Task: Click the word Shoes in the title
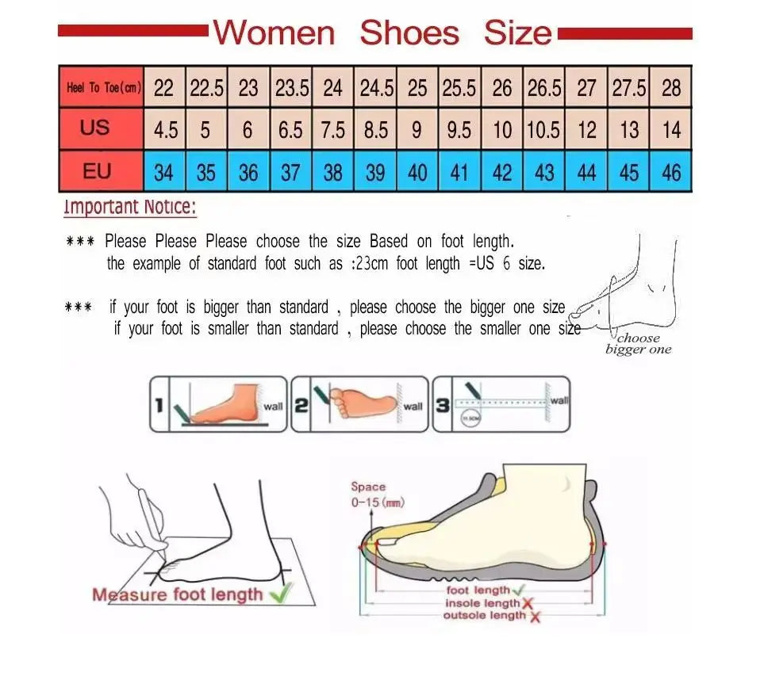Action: point(409,33)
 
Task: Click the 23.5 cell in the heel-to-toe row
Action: point(291,88)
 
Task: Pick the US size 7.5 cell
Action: point(333,129)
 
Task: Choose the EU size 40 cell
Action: point(417,172)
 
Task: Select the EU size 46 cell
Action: point(671,172)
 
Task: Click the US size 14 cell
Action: point(671,129)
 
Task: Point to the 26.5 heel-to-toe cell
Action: point(544,88)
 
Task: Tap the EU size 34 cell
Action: point(164,172)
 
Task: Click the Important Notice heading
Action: point(129,208)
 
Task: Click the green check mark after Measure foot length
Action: point(280,591)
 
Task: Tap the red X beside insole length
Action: point(528,604)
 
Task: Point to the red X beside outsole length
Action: point(536,617)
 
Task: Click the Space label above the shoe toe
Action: point(368,487)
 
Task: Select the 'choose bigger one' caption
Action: point(639,344)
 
